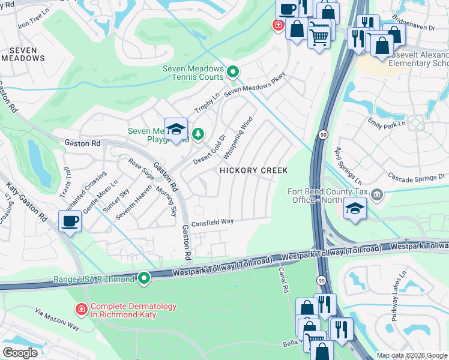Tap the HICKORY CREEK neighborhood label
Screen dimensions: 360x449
point(253,171)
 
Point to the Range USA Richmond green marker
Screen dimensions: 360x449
point(144,279)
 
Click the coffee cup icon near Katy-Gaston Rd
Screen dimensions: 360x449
point(70,221)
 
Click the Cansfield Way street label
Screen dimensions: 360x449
point(212,222)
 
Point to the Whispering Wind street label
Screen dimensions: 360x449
point(238,139)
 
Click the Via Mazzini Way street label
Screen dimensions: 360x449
point(57,320)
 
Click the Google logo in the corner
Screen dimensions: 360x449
point(20,353)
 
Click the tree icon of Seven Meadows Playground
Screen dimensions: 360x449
point(197,133)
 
